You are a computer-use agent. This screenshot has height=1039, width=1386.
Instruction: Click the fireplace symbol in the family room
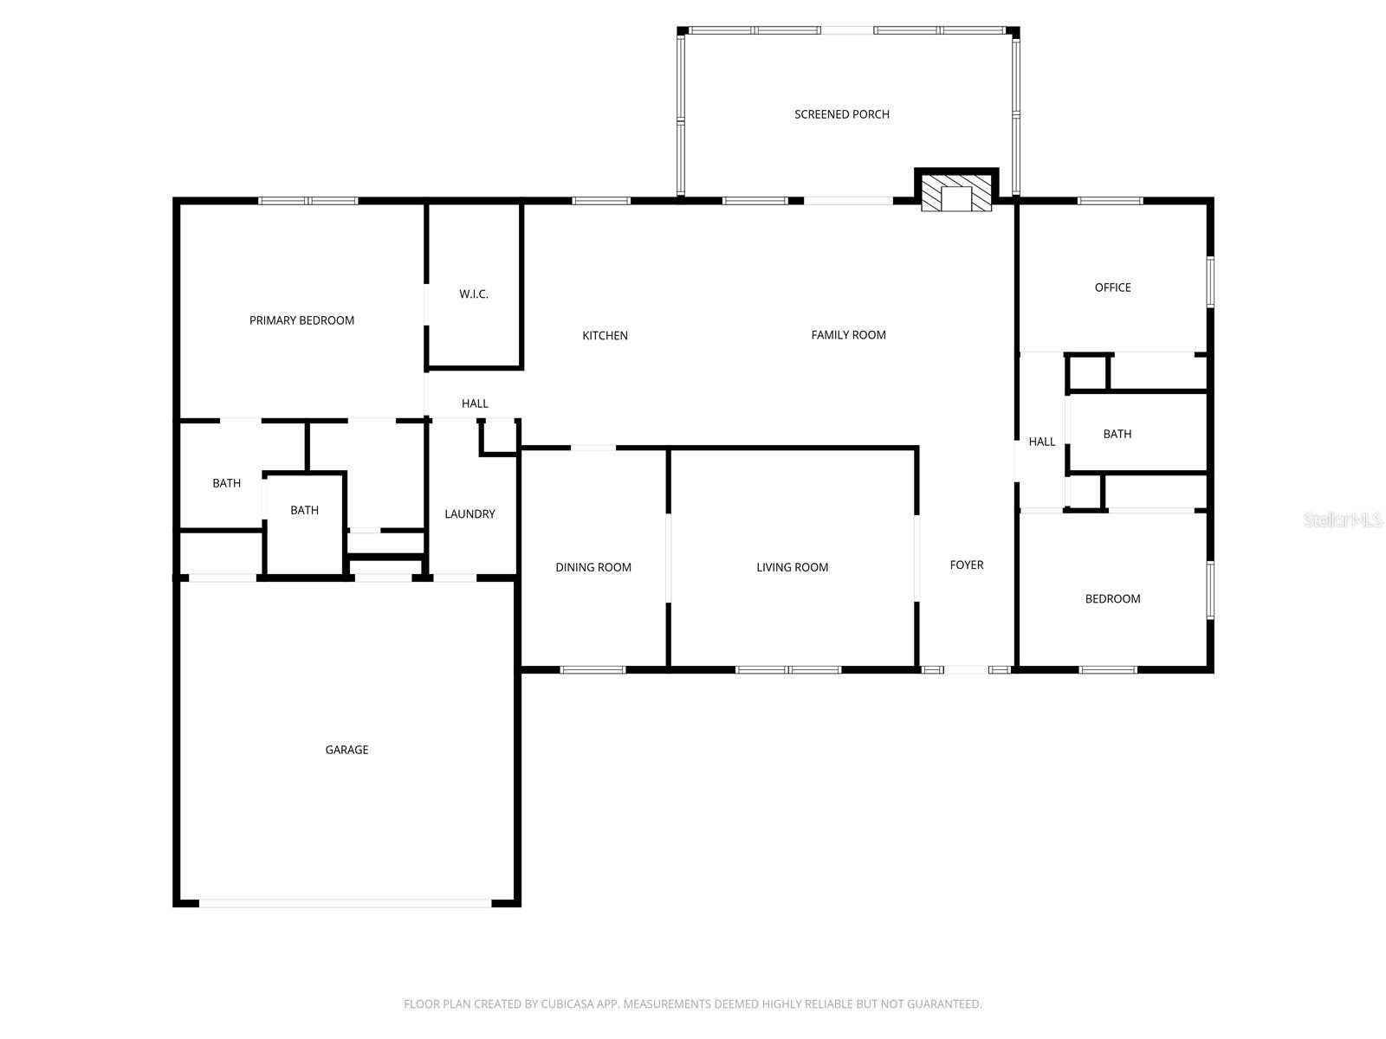coord(956,194)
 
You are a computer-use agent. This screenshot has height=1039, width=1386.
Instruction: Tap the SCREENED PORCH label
coord(841,114)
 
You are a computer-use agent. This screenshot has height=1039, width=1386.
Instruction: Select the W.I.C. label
coord(474,294)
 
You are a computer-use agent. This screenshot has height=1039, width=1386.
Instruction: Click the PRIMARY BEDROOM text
coord(301,320)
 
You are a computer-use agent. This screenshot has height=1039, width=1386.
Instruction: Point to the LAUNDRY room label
coord(470,514)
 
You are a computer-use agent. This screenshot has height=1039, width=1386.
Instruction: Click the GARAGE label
coord(346,750)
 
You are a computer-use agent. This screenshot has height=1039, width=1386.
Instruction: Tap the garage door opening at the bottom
coord(346,903)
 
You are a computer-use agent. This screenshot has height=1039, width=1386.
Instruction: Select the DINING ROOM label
coord(593,568)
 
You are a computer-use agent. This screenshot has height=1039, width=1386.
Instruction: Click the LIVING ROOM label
coord(792,568)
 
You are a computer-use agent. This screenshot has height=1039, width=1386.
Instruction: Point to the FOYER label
coord(967,565)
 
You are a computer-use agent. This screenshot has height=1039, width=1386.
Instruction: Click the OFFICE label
coord(1112,287)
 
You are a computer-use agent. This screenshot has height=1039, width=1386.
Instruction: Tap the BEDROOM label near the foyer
coord(1112,599)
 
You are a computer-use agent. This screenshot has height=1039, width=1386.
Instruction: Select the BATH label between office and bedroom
coord(1117,435)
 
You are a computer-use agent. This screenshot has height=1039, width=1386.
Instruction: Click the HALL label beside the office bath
coord(1041,442)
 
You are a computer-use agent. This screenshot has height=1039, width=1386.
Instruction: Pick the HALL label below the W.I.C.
coord(475,403)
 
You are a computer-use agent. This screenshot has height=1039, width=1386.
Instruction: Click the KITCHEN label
coord(605,336)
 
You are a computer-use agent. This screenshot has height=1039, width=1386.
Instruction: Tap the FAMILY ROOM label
coord(848,335)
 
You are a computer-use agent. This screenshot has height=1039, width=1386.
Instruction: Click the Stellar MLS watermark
coord(1343,520)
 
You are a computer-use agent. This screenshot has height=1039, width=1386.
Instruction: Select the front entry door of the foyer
coord(966,669)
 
